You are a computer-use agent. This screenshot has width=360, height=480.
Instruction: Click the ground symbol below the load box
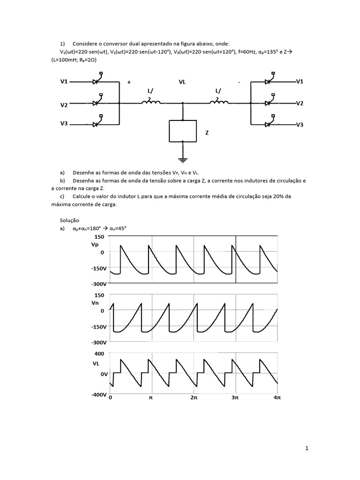coord(183,159)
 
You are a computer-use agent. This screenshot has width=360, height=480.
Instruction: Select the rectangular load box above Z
coord(183,131)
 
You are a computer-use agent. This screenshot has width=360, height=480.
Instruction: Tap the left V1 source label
coord(64,82)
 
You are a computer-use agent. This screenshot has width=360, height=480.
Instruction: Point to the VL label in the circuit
coord(182,82)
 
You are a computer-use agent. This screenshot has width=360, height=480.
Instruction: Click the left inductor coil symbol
coord(150,102)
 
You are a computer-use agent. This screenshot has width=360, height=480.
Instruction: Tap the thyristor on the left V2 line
coord(97,103)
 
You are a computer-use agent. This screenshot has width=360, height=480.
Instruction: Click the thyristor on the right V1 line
coord(269,81)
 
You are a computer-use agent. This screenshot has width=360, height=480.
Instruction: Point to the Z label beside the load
coord(207,133)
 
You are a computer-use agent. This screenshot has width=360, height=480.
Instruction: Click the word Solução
coord(70,220)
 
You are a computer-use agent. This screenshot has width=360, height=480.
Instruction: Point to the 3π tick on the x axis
coord(235,397)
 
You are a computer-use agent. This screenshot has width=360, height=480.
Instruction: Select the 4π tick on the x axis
coord(277,397)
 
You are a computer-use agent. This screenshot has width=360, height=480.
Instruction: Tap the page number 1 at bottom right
coord(307,449)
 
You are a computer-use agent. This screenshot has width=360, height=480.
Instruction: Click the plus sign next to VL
coord(129,82)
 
